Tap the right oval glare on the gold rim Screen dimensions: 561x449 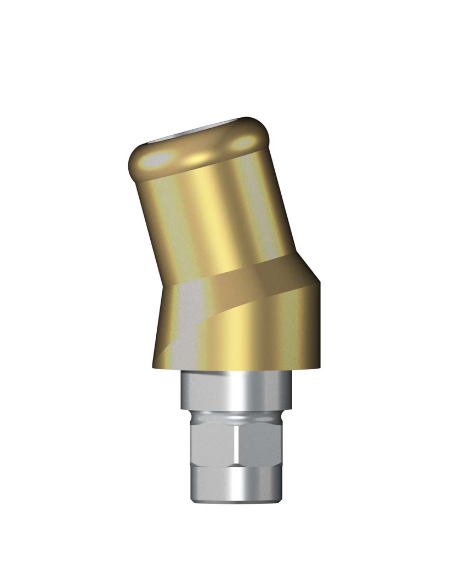243,143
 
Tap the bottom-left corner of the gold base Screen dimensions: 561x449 154,366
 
